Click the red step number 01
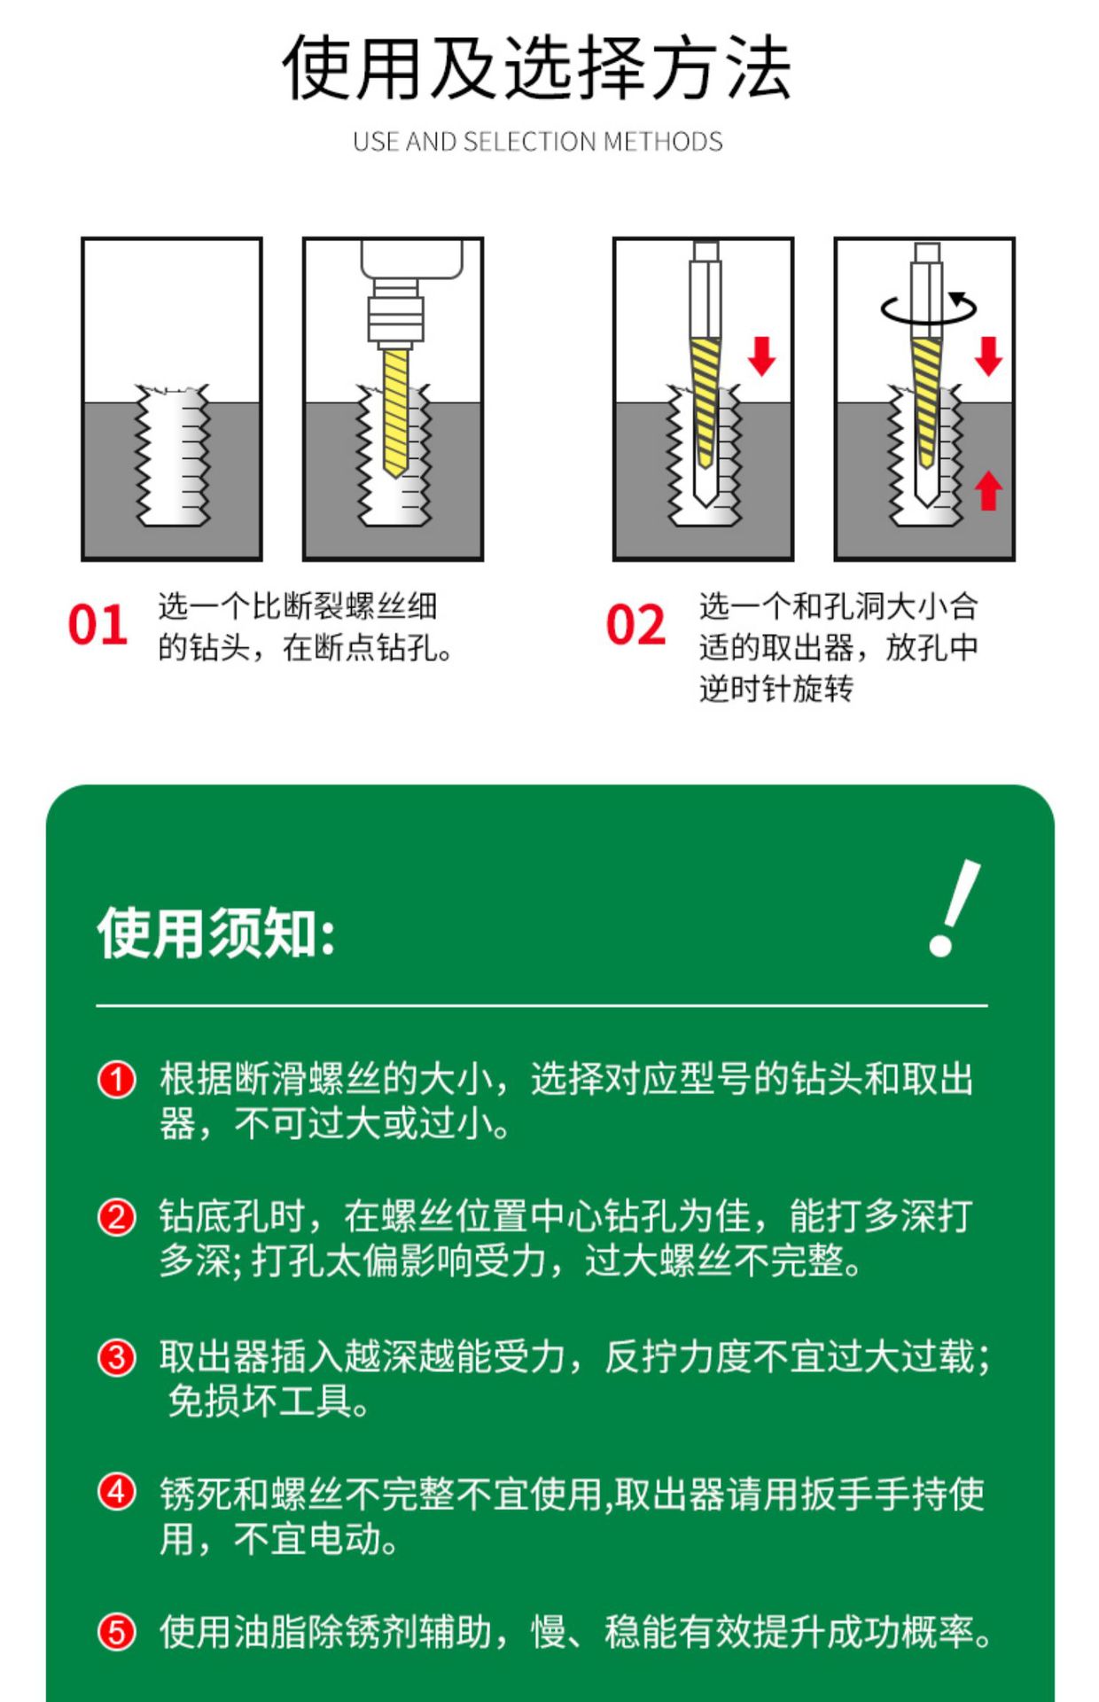pyautogui.click(x=97, y=626)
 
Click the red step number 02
pyautogui.click(x=635, y=626)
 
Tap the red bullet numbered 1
pyautogui.click(x=116, y=1080)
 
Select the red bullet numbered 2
pyautogui.click(x=116, y=1218)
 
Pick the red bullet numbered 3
pyautogui.click(x=116, y=1357)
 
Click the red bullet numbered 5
pyautogui.click(x=116, y=1632)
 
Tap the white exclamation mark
pyautogui.click(x=954, y=908)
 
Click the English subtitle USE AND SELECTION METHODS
pyautogui.click(x=537, y=142)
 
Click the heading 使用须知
pyautogui.click(x=216, y=933)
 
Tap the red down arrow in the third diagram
pyautogui.click(x=761, y=356)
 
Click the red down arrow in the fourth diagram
pyautogui.click(x=988, y=356)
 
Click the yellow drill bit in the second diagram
pyautogui.click(x=395, y=412)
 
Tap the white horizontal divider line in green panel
pyautogui.click(x=542, y=1006)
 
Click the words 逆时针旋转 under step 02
pyautogui.click(x=776, y=688)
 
